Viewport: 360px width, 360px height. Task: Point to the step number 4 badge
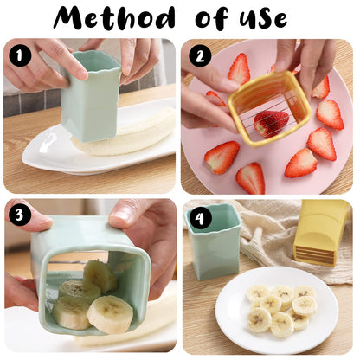pos(201,217)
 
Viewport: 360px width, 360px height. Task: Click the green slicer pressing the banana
pos(90,95)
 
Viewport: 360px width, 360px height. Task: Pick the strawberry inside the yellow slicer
pos(271,122)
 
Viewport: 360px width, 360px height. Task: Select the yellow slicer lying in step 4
pos(322,232)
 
